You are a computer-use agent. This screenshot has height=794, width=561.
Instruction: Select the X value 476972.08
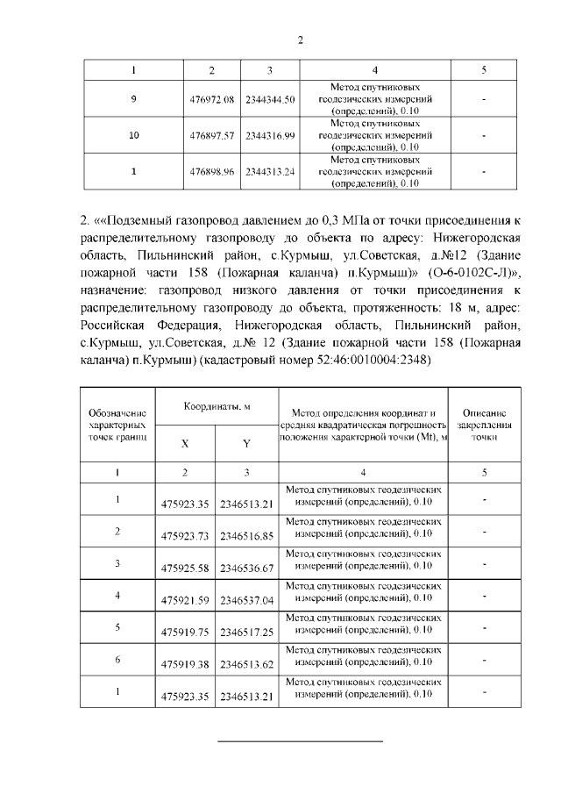(212, 100)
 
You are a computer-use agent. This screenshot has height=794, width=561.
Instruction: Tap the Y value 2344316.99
(271, 136)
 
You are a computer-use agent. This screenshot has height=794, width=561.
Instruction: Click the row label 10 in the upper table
(133, 136)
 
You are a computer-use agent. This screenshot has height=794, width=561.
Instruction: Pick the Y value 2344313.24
(271, 172)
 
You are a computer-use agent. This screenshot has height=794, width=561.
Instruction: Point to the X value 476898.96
(212, 172)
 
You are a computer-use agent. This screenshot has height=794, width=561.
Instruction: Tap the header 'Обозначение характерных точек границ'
(117, 423)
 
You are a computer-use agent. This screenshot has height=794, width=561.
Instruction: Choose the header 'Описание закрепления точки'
(484, 423)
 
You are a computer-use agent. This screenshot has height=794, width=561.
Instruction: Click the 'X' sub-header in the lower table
(185, 444)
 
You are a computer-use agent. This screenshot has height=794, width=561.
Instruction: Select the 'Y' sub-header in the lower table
(246, 444)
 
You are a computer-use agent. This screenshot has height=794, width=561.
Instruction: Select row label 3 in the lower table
(117, 562)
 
